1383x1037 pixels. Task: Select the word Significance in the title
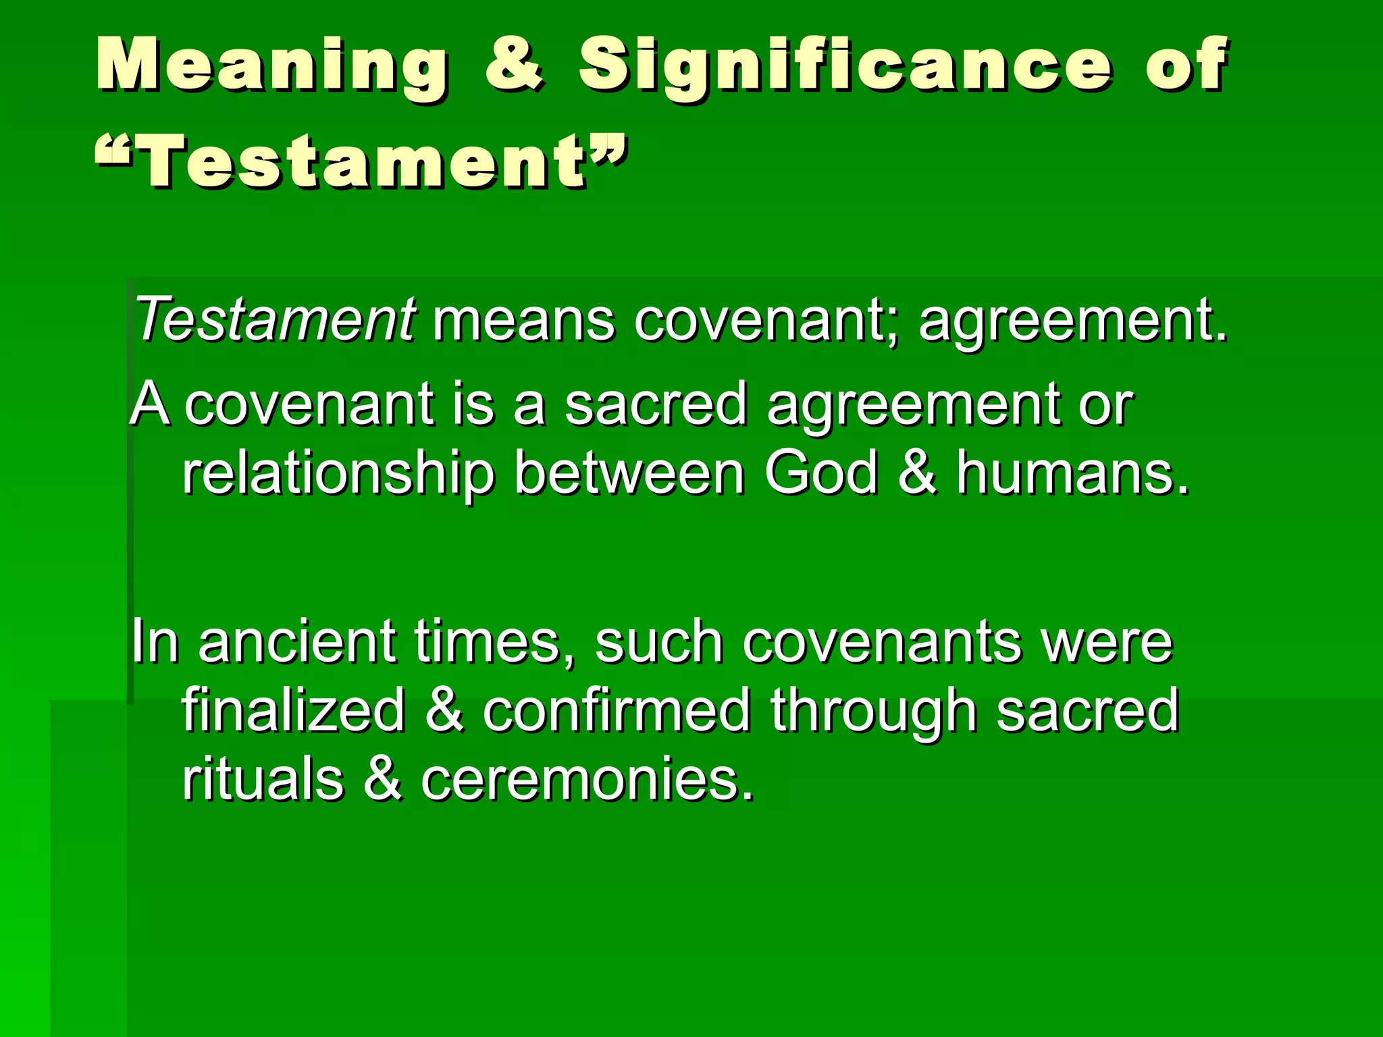844,65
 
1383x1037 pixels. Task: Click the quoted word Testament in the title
361,161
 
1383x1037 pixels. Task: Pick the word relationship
338,475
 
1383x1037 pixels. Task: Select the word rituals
263,779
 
